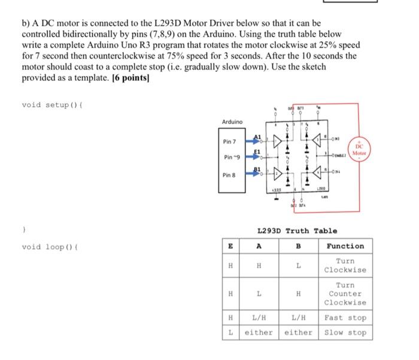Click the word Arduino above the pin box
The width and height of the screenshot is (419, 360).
pyautogui.click(x=232, y=122)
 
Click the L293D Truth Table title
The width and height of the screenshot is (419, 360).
pyautogui.click(x=296, y=231)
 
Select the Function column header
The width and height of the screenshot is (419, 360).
pyautogui.click(x=345, y=246)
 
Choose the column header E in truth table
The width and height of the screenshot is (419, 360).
pyautogui.click(x=229, y=246)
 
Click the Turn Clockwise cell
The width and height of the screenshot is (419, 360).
pyautogui.click(x=345, y=265)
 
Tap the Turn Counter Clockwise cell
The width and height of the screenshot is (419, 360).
pyautogui.click(x=345, y=294)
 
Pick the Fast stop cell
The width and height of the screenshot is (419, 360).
pyautogui.click(x=345, y=317)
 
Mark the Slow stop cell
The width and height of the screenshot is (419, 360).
pyautogui.click(x=345, y=332)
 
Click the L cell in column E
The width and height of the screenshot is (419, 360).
pyautogui.click(x=229, y=332)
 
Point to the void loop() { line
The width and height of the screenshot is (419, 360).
pyautogui.click(x=48, y=246)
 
